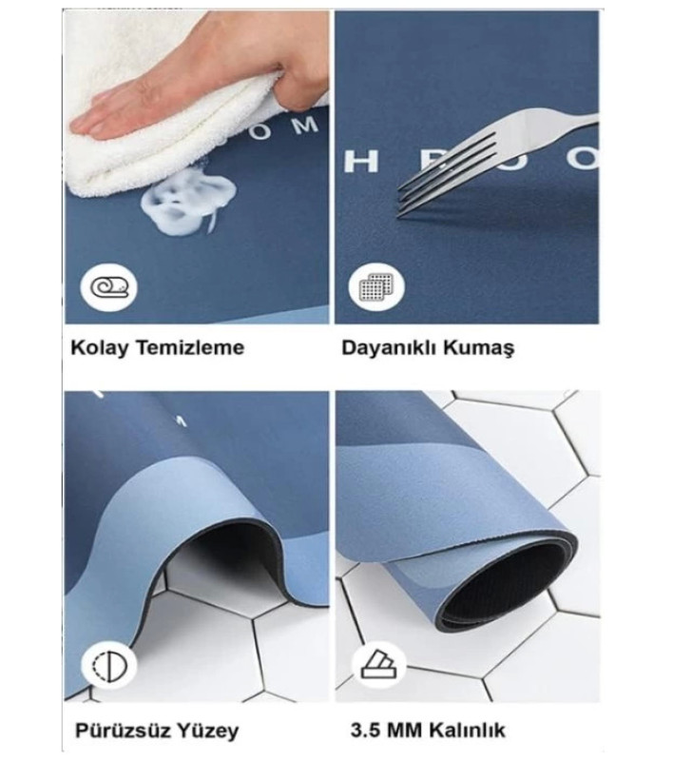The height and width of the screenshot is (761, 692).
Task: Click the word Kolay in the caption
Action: [x=96, y=347]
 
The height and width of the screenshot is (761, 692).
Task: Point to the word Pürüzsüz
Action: [x=124, y=731]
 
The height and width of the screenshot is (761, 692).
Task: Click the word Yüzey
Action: [x=207, y=731]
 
